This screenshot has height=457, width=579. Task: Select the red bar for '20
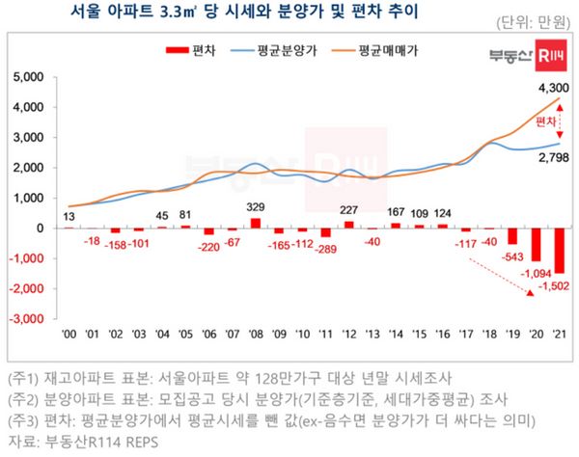535,245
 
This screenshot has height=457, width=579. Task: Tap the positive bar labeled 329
256,223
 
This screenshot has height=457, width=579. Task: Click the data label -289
325,249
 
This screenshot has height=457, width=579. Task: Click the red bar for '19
511,236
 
